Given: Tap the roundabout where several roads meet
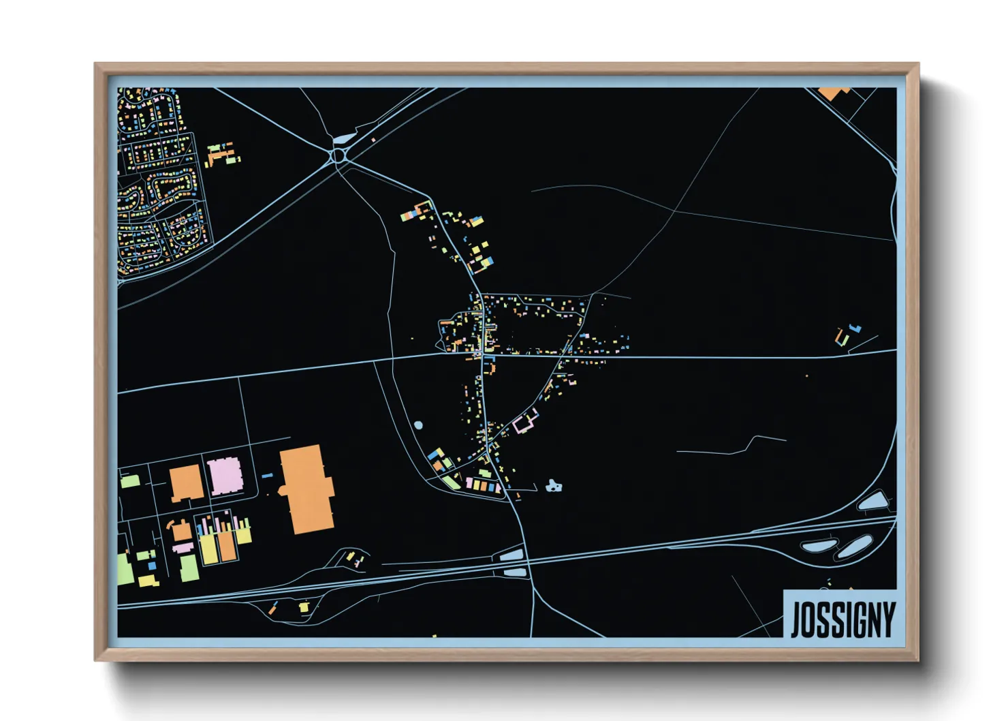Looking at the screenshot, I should click(x=338, y=157).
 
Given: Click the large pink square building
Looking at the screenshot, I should click(x=225, y=476).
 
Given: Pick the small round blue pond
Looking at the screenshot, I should click(x=418, y=425).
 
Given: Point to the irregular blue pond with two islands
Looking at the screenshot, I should click(x=554, y=487).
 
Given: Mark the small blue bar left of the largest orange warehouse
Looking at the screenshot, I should click(x=267, y=475).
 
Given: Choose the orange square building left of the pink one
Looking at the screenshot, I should click(x=185, y=483).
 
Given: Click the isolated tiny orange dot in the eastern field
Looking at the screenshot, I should click(x=807, y=375).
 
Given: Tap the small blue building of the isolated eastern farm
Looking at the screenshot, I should click(x=856, y=328).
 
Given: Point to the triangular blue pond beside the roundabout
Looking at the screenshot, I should click(x=343, y=140).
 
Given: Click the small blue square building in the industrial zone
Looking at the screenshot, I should click(x=153, y=565).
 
